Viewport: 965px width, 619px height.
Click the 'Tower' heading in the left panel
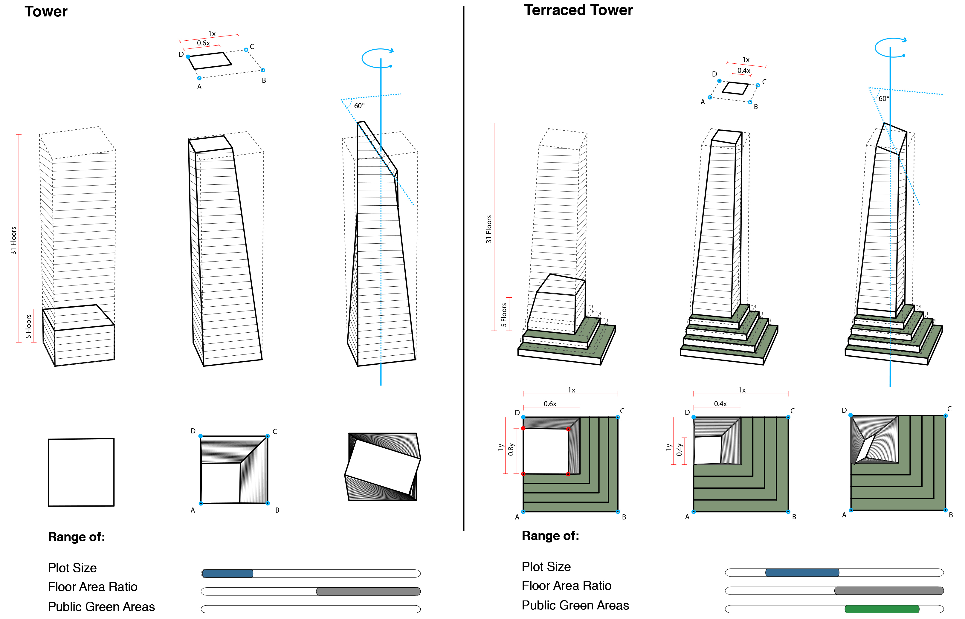tap(46, 12)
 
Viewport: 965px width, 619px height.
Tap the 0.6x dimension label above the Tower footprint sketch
tap(203, 43)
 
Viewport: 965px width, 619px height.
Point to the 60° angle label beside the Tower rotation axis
tap(359, 106)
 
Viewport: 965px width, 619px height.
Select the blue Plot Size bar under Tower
tap(227, 573)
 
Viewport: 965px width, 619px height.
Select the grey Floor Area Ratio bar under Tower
tap(368, 591)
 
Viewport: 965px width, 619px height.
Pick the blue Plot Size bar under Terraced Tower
tap(802, 572)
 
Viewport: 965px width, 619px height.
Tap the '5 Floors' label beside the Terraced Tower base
tap(504, 314)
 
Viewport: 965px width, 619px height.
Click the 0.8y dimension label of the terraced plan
tap(511, 449)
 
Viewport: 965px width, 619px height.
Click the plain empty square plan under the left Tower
tap(81, 472)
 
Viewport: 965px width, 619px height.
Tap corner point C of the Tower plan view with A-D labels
tap(267, 436)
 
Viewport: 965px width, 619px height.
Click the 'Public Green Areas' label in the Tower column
tap(101, 606)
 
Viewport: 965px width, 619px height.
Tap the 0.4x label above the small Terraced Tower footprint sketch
tap(743, 71)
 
